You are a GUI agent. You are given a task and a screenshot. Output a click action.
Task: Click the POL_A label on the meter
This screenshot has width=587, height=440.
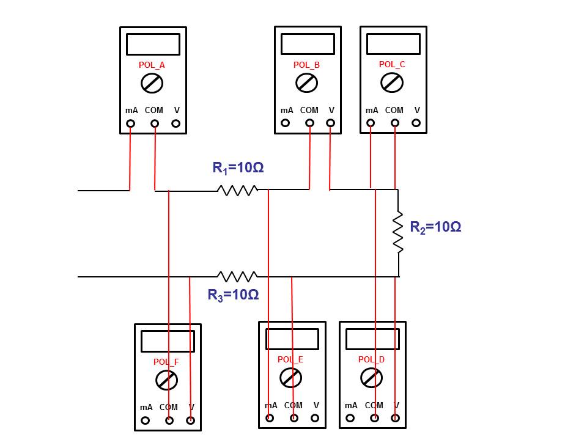point(152,65)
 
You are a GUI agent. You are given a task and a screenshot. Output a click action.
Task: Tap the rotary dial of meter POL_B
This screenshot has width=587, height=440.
point(306,82)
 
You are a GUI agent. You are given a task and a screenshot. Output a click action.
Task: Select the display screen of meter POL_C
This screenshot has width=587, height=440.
point(393,44)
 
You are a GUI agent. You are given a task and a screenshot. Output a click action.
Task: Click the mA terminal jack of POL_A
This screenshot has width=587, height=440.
point(130,123)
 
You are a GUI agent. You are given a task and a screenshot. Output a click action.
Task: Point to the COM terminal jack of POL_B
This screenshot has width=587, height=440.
point(309,123)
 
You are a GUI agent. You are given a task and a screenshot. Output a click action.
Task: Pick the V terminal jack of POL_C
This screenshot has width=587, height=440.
point(416,123)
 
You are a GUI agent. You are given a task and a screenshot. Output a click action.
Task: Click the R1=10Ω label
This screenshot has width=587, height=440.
point(238,167)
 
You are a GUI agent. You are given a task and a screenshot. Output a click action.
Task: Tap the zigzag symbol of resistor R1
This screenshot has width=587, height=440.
point(237,191)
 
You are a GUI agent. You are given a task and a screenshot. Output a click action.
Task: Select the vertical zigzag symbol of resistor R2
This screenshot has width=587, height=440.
point(398,232)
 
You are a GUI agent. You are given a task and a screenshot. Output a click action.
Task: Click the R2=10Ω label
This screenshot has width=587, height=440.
point(435,227)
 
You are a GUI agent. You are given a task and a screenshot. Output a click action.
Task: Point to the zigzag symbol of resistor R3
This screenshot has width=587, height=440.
point(237,276)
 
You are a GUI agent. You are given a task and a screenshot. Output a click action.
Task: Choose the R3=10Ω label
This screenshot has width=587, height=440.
point(233,295)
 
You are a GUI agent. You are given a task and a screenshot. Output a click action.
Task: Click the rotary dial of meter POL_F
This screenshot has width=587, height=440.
point(167,380)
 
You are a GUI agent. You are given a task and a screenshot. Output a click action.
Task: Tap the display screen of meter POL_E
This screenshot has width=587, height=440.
point(292,339)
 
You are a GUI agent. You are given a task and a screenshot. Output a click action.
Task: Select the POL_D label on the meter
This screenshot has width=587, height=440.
point(371,360)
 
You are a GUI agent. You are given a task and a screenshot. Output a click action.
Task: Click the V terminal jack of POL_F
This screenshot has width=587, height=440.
point(190,420)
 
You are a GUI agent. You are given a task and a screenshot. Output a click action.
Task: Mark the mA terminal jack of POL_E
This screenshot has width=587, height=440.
point(270,418)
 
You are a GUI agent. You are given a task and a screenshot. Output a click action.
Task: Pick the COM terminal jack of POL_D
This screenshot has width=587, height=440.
point(374,418)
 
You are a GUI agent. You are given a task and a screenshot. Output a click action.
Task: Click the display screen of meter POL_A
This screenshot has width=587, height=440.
point(153,45)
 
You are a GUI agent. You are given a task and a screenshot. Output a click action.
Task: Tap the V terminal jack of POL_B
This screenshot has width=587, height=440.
point(331,123)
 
